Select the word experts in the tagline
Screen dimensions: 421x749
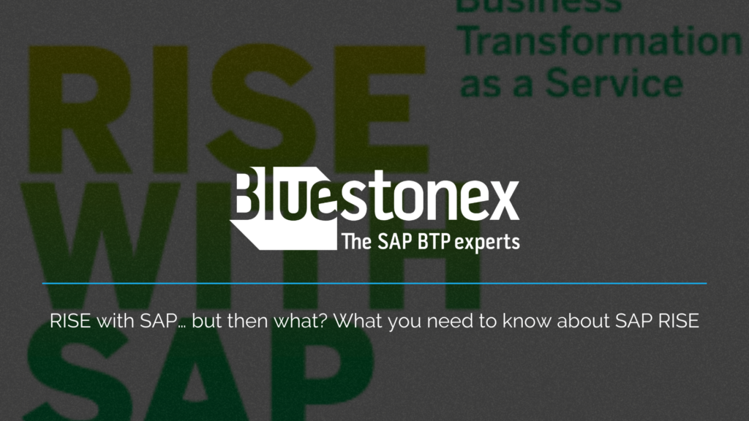[x=487, y=243]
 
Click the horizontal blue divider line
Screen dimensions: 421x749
[x=374, y=283]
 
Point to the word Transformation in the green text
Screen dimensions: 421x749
[x=600, y=42]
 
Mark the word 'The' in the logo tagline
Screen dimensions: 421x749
[x=357, y=243]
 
